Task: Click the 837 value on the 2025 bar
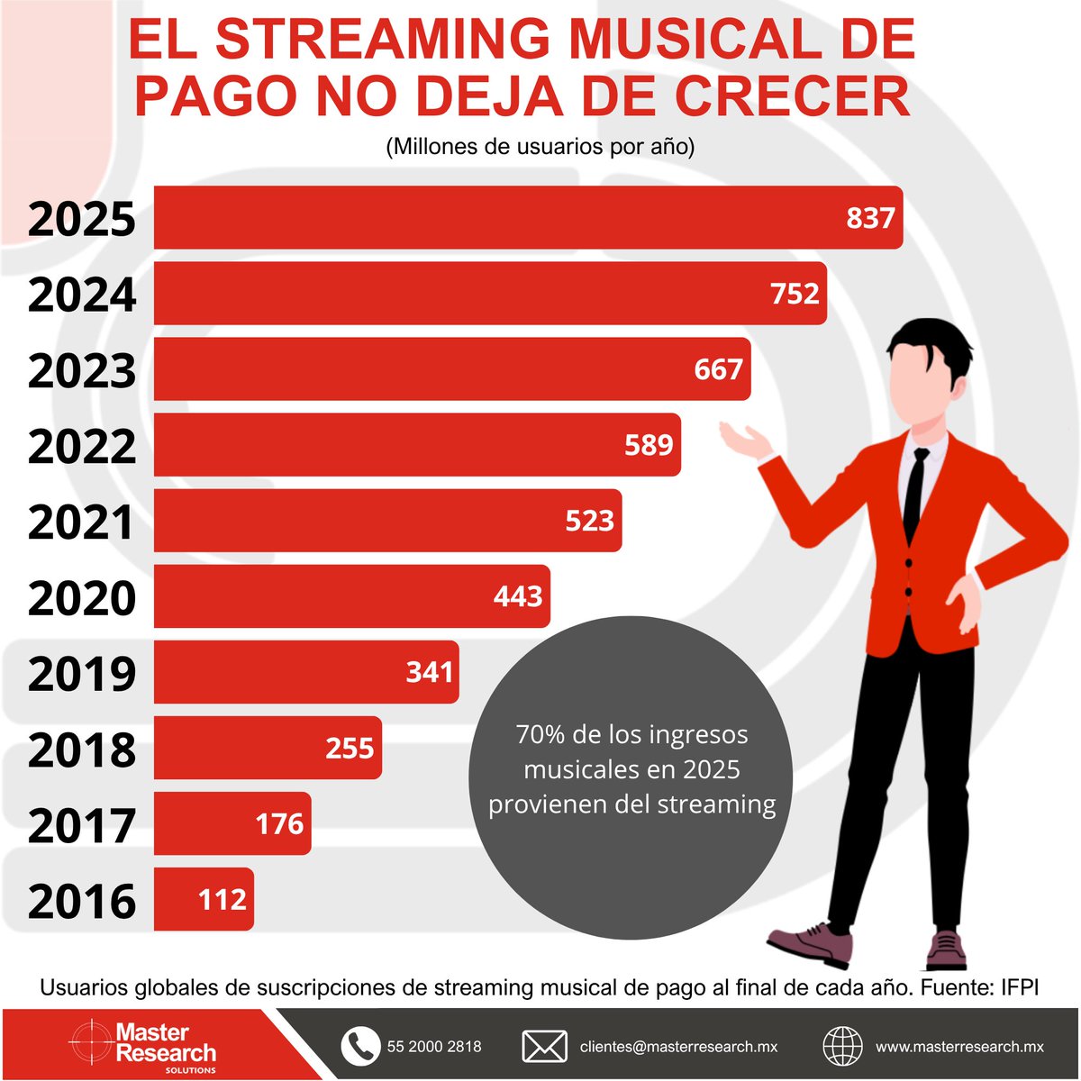click(870, 218)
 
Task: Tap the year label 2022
click(82, 447)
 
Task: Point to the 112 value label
click(222, 899)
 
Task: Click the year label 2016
click(82, 901)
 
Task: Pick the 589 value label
click(649, 445)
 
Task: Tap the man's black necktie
click(915, 491)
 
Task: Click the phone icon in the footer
click(360, 1046)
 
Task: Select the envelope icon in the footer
click(544, 1047)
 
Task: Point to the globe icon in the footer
click(842, 1047)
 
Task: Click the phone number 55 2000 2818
click(434, 1047)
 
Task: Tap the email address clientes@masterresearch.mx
click(678, 1047)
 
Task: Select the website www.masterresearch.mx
click(959, 1047)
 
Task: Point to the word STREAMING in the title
click(383, 40)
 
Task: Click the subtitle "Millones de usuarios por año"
click(540, 147)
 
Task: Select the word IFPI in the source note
click(1020, 987)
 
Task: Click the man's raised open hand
click(747, 441)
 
